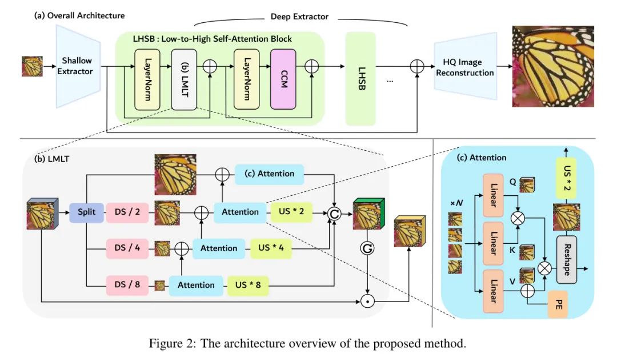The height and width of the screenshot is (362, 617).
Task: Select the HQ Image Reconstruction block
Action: coord(464,67)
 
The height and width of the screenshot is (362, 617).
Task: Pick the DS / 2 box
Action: coord(126,212)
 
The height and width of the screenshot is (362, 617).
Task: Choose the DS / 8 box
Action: coord(126,284)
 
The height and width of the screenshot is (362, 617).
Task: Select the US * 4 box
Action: coord(271,248)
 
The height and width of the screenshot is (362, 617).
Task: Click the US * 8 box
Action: coord(248,284)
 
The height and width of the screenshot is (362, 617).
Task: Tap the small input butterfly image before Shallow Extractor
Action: coord(32,66)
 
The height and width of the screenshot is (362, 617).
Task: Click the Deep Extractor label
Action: coord(299,17)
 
